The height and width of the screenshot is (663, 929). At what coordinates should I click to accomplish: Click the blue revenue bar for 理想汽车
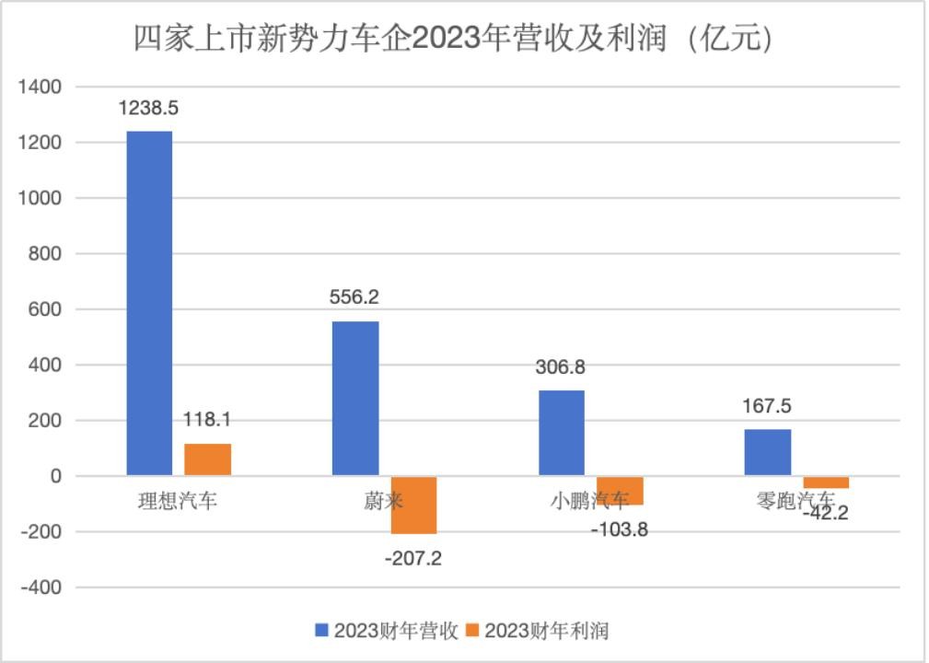click(x=149, y=303)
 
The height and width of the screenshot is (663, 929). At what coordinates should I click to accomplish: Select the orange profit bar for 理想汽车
click(x=207, y=459)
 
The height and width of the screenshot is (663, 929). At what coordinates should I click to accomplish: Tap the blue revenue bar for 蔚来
click(x=355, y=398)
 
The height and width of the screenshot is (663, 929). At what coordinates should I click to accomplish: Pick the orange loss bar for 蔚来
click(x=413, y=505)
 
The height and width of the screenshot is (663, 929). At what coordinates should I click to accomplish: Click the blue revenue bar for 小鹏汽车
click(x=561, y=433)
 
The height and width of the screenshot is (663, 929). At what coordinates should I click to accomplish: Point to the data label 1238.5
click(x=148, y=108)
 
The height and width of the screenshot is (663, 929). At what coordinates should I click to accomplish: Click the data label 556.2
click(x=354, y=297)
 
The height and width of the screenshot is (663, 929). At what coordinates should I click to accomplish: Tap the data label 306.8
click(x=560, y=367)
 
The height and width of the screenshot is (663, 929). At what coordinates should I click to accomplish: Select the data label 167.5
click(x=767, y=406)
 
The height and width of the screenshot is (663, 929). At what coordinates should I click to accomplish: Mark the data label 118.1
click(x=207, y=420)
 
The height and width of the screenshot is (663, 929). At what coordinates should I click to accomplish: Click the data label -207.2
click(x=412, y=557)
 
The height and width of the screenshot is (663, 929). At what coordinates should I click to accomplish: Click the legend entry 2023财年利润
click(x=538, y=630)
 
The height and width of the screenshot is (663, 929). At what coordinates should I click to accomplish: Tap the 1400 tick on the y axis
click(x=41, y=87)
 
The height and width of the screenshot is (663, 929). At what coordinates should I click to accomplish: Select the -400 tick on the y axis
click(x=41, y=587)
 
